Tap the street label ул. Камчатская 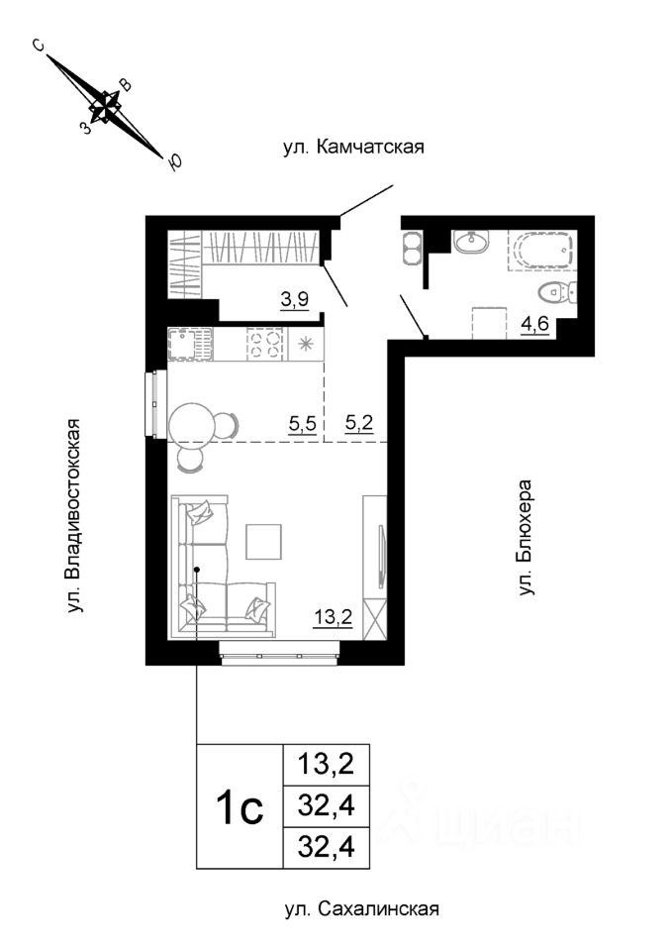353,149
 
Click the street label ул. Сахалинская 360,908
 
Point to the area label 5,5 302,425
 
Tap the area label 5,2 357,425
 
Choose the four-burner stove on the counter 264,344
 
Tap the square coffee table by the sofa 264,541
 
